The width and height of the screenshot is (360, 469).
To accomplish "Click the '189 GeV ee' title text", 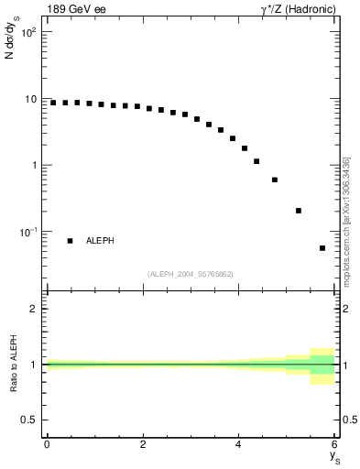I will coord(75,8).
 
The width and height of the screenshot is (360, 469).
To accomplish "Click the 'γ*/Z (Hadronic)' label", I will coord(298,8).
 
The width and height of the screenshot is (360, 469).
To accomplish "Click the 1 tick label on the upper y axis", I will coord(33,166).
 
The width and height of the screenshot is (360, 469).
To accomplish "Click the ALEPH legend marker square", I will coord(71,241).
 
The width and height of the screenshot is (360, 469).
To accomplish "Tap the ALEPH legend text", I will coord(100,241).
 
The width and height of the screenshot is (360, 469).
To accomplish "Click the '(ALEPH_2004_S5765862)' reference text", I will coord(191,274).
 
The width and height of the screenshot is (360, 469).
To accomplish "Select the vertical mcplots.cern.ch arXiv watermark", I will coord(345,220).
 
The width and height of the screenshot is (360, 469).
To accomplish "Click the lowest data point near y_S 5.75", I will coord(322,248).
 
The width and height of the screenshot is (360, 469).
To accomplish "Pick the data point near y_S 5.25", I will coord(299,211).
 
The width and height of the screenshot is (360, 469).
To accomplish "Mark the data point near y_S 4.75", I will coord(275,180).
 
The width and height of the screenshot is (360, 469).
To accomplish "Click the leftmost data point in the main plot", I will coord(53,103).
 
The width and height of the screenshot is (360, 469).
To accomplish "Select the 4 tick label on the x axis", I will coord(239,444).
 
